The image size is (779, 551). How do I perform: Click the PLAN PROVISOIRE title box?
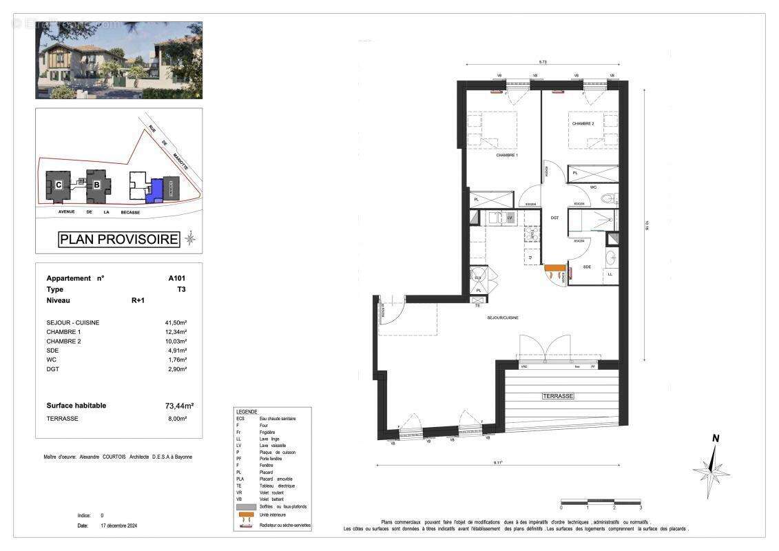coord(119,240)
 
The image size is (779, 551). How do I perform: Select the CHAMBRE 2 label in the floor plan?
coord(583,124)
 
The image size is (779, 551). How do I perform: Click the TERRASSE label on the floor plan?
coord(557,396)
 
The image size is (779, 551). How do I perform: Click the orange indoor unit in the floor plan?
coord(554,267)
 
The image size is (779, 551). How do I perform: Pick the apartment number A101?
coord(176,278)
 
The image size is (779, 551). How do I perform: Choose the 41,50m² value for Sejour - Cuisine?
coord(177,322)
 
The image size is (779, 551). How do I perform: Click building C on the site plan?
coord(59,185)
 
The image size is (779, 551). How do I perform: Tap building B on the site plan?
coord(97,185)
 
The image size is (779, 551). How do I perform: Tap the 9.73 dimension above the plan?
coord(543,63)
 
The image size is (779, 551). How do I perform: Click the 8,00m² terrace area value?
coord(178,418)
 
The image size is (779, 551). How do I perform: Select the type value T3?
coord(180,289)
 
